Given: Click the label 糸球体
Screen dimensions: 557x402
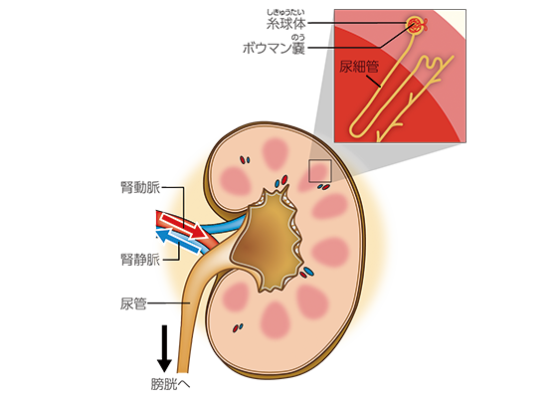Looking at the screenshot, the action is click(x=286, y=24).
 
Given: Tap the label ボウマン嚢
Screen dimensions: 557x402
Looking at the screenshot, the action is click(x=274, y=48).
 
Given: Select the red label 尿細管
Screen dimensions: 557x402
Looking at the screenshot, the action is click(x=359, y=67).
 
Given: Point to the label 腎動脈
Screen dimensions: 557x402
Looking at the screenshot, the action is click(x=140, y=187).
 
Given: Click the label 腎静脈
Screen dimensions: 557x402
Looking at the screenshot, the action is click(x=140, y=260).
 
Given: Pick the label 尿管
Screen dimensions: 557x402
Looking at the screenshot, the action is click(x=133, y=303).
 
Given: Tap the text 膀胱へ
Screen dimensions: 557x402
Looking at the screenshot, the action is click(x=170, y=384).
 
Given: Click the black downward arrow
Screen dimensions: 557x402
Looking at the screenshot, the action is click(x=164, y=348).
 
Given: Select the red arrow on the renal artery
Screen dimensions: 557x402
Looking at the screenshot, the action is click(x=183, y=226).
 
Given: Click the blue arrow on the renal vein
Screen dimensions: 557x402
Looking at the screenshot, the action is click(x=178, y=240).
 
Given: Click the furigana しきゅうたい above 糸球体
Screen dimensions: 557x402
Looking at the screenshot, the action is click(x=286, y=13).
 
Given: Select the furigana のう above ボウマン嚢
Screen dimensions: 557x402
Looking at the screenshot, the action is click(x=297, y=38).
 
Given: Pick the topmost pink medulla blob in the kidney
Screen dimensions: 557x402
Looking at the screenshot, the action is click(x=276, y=153).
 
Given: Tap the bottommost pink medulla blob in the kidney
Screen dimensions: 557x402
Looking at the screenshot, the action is click(x=276, y=320).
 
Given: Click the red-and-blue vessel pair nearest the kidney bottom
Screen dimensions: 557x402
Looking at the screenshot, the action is click(x=238, y=327).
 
